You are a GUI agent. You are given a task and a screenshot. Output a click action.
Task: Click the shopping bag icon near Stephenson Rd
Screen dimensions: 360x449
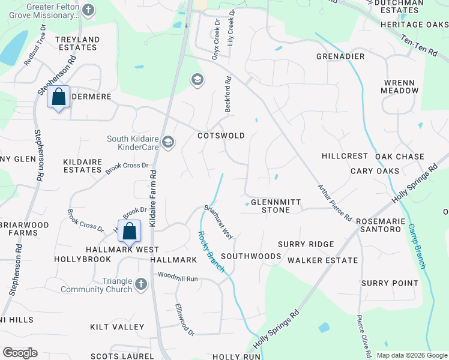point(59,97)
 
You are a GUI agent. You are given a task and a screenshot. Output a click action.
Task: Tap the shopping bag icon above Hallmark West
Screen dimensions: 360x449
point(130,230)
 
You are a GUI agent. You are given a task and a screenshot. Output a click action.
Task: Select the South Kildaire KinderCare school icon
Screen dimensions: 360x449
point(168,142)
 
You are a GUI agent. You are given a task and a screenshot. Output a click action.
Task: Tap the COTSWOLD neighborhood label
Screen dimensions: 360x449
point(221,136)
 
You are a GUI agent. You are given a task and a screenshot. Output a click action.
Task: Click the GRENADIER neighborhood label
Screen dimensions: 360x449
point(340,56)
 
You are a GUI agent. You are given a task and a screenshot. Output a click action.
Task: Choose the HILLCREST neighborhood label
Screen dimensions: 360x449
point(344,155)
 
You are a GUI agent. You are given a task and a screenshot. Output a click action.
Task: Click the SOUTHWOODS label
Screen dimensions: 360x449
point(251,256)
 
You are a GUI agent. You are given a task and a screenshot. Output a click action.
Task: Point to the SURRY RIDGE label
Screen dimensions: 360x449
point(306,244)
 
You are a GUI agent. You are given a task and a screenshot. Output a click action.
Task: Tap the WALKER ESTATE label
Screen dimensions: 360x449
point(322,260)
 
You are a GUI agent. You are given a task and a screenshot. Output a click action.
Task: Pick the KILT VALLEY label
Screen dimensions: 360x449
point(117,327)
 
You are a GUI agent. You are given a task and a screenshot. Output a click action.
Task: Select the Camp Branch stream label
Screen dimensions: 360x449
point(419,246)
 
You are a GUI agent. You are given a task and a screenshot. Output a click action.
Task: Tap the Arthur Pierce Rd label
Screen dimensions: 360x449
point(334,203)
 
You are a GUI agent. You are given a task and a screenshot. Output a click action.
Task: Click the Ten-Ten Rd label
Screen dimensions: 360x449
point(420,45)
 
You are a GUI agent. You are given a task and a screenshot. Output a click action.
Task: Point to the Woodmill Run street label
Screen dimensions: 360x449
point(178,278)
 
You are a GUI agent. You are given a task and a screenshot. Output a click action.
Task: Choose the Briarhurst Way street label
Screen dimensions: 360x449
point(218,223)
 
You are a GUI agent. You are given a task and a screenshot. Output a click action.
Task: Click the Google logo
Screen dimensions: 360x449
point(20,353)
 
